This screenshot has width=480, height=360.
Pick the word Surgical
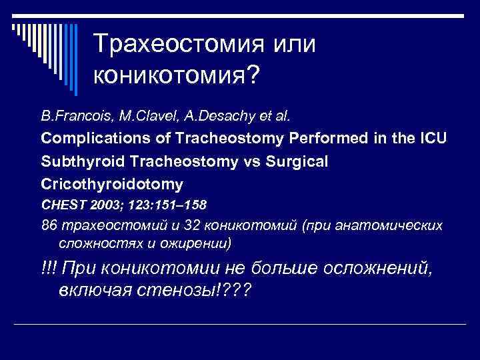[287, 161]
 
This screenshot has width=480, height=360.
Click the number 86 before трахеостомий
[49, 225]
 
